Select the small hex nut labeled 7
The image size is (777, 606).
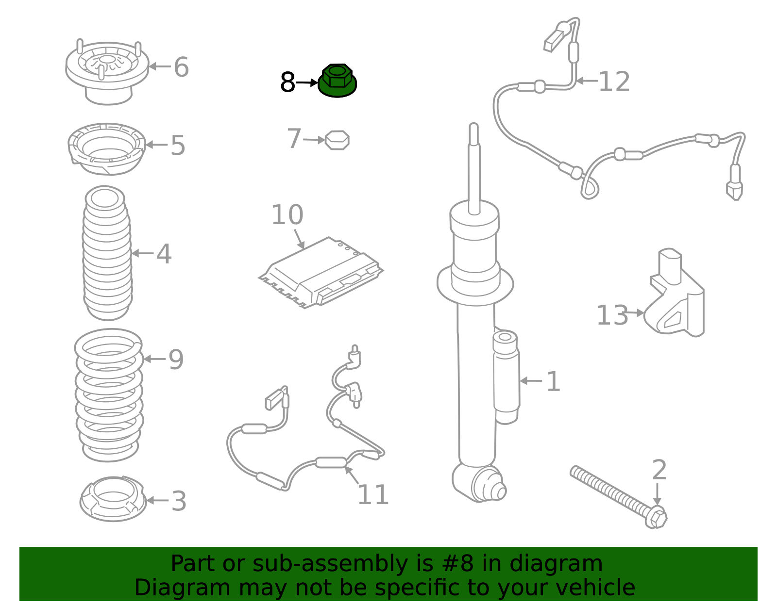337,140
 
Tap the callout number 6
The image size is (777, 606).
181,67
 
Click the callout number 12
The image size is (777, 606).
614,82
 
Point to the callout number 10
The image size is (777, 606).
287,214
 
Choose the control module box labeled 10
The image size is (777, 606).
321,273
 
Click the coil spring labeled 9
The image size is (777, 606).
109,395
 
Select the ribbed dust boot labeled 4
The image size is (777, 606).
107,253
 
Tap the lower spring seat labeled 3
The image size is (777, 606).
113,499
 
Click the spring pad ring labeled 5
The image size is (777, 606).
106,149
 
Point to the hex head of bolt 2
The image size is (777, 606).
656,517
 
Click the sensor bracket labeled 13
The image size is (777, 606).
675,294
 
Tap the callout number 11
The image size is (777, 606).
373,495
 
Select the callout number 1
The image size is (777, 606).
553,382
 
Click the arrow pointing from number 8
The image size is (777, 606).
307,83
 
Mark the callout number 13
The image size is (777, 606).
612,315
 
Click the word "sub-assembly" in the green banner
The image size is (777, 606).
329,563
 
